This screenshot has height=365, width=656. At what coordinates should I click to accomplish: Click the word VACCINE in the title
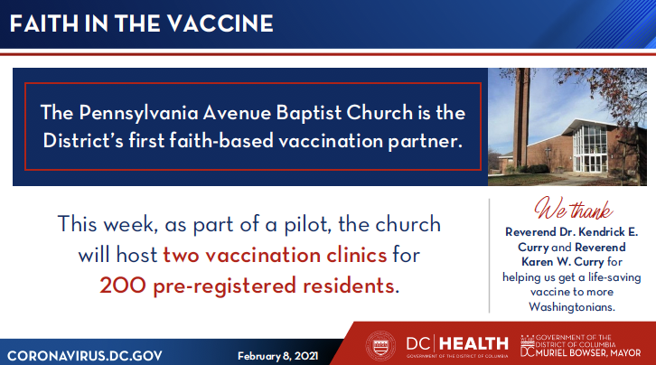tap(213, 23)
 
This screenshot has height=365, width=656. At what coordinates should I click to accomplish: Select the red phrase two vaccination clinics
tap(275, 255)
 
